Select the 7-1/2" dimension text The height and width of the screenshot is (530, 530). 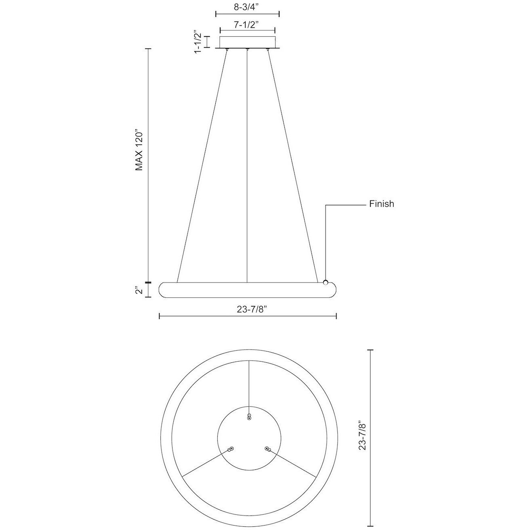tap(247, 24)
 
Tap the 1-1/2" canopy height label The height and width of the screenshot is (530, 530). tap(198, 42)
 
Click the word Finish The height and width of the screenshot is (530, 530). tap(381, 204)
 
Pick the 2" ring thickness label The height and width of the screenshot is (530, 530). tap(139, 290)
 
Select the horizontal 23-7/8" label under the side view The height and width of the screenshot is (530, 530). tap(247, 309)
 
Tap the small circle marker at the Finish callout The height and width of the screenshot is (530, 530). tap(326, 283)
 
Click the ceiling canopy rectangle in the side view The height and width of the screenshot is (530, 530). tap(247, 42)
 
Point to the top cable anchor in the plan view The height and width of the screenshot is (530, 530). tap(249, 417)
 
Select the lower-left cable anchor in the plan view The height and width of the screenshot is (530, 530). tap(231, 449)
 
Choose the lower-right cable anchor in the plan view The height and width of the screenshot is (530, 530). tap(267, 449)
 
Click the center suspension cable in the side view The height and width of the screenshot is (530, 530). tap(247, 162)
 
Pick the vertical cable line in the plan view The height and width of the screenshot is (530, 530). tap(249, 384)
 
